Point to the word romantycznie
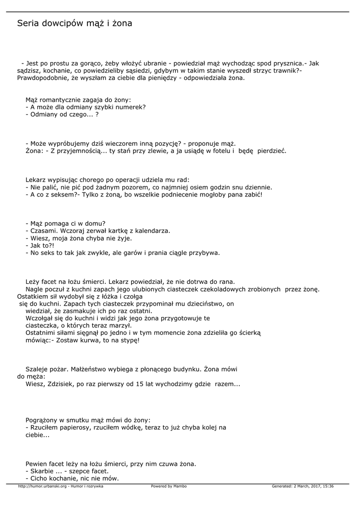pos(59,99)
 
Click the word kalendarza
pos(151,231)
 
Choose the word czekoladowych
pos(225,289)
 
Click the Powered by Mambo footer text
pos(169,486)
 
